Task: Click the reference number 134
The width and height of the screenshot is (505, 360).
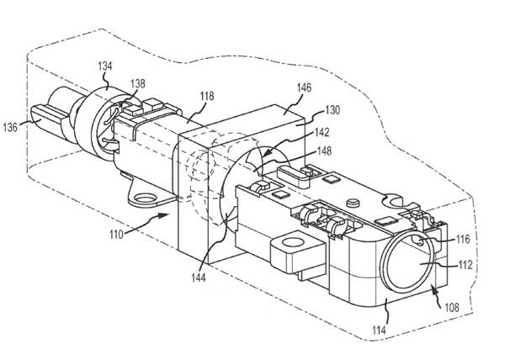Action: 105,66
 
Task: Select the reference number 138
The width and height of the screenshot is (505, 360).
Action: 137,83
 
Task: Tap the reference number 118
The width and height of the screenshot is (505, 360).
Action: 207,96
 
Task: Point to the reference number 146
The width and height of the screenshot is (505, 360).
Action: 304,87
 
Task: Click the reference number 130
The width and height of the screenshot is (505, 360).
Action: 332,110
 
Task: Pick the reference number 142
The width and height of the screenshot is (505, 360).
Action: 322,133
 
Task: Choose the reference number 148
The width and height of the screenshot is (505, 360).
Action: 324,151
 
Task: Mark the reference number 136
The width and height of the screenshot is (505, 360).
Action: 10,127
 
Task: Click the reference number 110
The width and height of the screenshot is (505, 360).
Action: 117,235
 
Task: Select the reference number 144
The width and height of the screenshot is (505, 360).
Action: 199,278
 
